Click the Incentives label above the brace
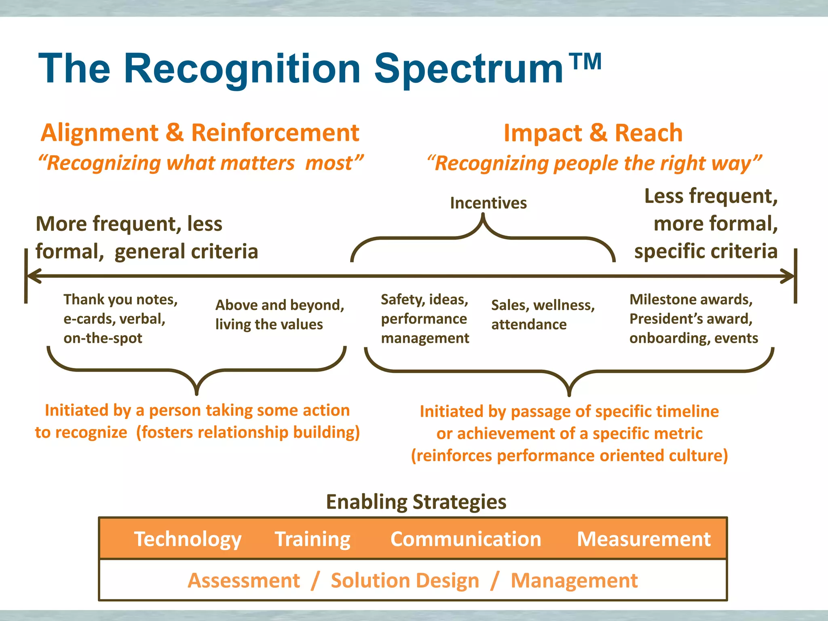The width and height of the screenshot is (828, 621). [488, 203]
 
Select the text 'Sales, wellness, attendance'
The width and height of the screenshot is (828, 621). [543, 315]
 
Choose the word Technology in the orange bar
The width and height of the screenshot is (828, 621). [188, 539]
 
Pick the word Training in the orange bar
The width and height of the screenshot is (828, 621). [313, 539]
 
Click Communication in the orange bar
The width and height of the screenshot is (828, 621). [465, 539]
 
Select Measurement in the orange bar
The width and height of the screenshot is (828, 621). [643, 539]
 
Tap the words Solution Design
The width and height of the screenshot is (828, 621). [405, 581]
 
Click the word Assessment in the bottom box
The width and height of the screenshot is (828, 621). [244, 581]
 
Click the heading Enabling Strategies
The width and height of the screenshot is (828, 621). [416, 502]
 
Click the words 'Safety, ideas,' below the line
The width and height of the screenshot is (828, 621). [424, 299]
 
